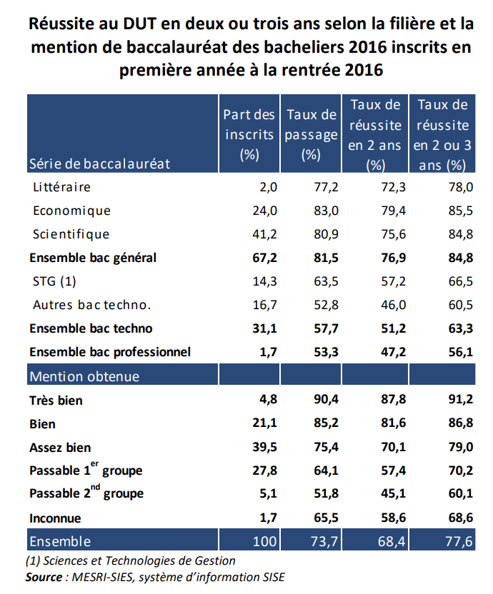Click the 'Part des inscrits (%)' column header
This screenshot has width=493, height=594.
[249, 134]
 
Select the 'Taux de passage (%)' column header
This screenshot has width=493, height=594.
[311, 134]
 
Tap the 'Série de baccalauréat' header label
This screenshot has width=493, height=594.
[99, 163]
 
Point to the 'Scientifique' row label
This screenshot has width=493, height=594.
[71, 234]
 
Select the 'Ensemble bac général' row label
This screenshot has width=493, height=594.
[92, 258]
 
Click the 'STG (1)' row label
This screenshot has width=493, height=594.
[54, 281]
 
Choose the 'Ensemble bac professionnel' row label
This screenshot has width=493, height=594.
[110, 352]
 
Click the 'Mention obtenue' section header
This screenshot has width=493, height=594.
[84, 376]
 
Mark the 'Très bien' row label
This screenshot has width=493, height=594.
[56, 401]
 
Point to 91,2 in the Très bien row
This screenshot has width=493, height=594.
[460, 401]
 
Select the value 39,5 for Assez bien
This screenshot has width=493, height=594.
[264, 448]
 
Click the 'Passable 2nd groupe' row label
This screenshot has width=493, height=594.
[86, 493]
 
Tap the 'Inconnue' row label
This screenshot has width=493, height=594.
[55, 518]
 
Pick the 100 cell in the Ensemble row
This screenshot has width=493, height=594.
[264, 542]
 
